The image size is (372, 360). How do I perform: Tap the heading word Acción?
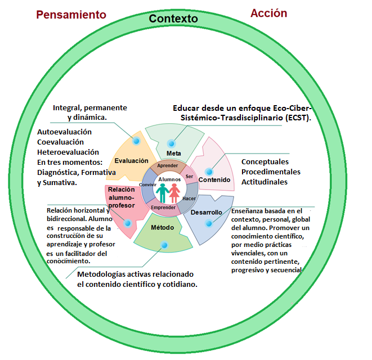coord(268,13)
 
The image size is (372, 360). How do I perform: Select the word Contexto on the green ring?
coord(173,19)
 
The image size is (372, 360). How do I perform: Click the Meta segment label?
coord(173,154)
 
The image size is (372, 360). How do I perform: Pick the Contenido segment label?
coord(214,180)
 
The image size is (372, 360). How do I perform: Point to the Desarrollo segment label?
coord(206,213)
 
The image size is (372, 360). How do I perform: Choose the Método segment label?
coord(163,227)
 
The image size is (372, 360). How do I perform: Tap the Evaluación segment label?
coord(131,161)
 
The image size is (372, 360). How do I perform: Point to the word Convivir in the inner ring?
coord(147,184)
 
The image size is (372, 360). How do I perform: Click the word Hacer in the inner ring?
coord(189,199)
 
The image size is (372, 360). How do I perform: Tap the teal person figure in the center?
coord(162,193)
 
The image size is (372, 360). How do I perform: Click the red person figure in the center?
coord(175,193)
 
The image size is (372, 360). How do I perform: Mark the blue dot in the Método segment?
coord(165,245)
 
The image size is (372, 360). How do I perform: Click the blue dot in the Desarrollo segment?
coord(209,223)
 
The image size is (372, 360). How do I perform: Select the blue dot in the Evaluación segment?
coord(136,141)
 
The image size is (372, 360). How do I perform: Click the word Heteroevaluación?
coord(68,152)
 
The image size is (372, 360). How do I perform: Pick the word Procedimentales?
coord(271,172)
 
